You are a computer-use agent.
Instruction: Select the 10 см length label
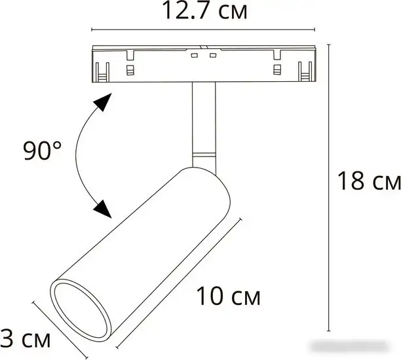click(x=229, y=297)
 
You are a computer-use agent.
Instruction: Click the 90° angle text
click(x=43, y=151)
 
